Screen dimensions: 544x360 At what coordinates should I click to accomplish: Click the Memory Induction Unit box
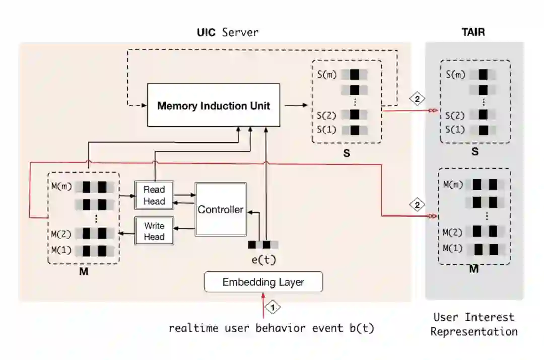[214, 105]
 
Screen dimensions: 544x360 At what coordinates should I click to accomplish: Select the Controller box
[221, 209]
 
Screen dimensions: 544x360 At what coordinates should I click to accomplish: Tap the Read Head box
[154, 195]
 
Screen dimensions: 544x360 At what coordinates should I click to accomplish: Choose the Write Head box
[154, 231]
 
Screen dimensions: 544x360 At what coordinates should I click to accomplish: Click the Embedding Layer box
[263, 282]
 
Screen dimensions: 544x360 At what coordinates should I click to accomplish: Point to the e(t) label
[263, 259]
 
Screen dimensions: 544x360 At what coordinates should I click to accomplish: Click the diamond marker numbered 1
[273, 307]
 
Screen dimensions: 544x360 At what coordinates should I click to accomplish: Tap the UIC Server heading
[228, 32]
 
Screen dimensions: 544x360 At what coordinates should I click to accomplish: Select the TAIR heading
[473, 32]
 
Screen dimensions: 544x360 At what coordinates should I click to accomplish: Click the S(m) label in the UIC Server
[327, 75]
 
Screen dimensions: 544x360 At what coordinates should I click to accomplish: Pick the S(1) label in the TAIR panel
[455, 130]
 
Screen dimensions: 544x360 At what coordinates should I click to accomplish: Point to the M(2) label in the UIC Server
[61, 234]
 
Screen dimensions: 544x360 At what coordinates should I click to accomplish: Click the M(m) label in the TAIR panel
[453, 184]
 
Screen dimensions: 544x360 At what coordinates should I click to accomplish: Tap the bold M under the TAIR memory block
[474, 269]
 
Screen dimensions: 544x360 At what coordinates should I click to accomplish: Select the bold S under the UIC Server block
[346, 153]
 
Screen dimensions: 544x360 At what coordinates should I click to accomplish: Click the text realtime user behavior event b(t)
[271, 328]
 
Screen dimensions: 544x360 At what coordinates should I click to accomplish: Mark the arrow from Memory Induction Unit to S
[296, 105]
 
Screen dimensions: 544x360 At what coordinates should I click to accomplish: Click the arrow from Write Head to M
[127, 234]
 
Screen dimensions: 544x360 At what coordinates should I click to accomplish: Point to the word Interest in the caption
[490, 317]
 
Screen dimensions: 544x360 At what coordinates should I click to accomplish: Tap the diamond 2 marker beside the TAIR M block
[417, 205]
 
